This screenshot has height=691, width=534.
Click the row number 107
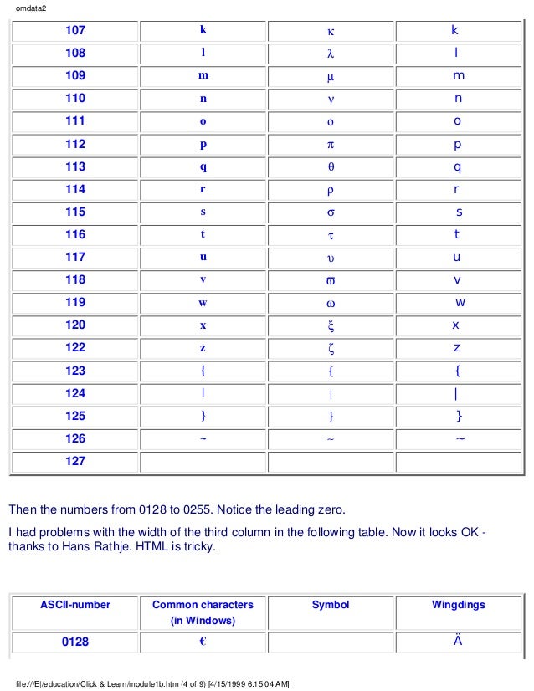pyautogui.click(x=75, y=30)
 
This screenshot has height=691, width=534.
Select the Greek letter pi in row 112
pyautogui.click(x=331, y=144)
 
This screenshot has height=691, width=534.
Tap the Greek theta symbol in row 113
pyautogui.click(x=331, y=166)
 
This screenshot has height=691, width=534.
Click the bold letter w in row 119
pyautogui.click(x=203, y=302)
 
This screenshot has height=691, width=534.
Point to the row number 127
pyautogui.click(x=75, y=461)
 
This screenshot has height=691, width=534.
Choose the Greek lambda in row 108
pyautogui.click(x=331, y=54)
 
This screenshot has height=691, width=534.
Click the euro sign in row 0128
pyautogui.click(x=203, y=642)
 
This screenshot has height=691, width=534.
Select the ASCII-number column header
pyautogui.click(x=75, y=605)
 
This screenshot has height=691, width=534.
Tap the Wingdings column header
pyautogui.click(x=458, y=605)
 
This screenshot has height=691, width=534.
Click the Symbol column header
pyautogui.click(x=331, y=605)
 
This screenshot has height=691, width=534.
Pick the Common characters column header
pyautogui.click(x=203, y=612)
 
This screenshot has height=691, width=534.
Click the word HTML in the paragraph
pyautogui.click(x=169, y=548)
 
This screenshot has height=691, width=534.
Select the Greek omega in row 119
pyautogui.click(x=331, y=302)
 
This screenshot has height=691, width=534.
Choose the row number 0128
pyautogui.click(x=75, y=642)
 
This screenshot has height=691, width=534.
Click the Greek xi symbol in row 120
pyautogui.click(x=331, y=325)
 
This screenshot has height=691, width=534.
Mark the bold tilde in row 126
pyautogui.click(x=203, y=438)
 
